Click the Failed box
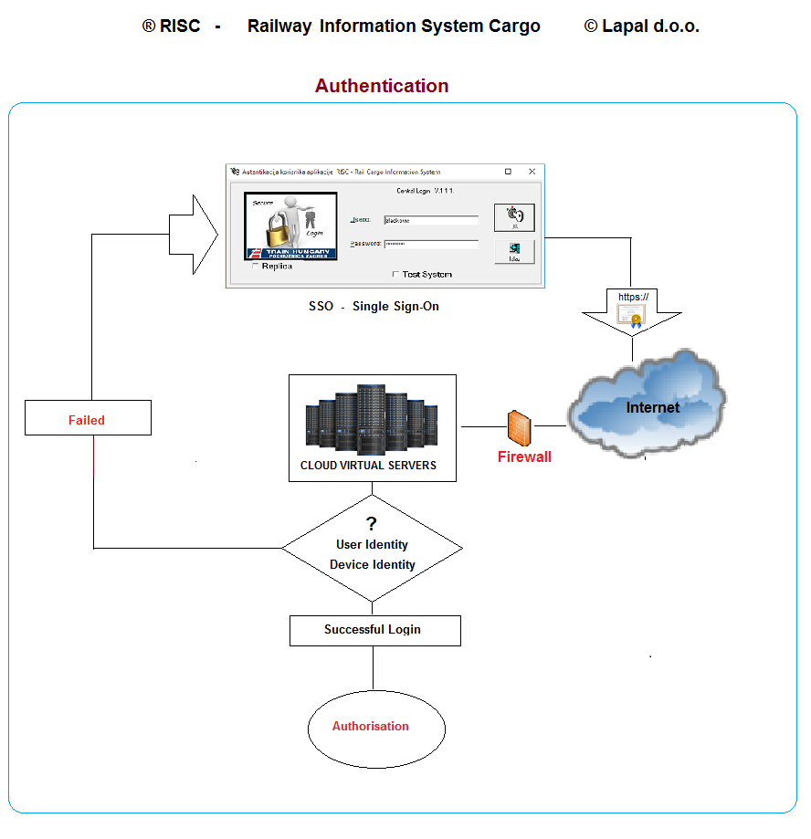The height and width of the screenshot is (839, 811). click(87, 420)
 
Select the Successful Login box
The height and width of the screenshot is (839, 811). click(374, 630)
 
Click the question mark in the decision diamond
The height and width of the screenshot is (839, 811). click(372, 524)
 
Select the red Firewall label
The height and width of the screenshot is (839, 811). click(524, 457)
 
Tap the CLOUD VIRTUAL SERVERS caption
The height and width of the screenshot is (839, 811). click(368, 466)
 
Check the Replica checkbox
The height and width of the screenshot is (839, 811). click(256, 267)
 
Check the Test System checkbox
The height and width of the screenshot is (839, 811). click(395, 274)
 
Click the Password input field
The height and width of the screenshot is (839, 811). click(430, 244)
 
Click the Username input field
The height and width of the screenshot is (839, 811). click(430, 220)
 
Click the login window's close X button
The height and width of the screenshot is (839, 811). click(532, 172)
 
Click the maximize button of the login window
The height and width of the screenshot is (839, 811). click(509, 172)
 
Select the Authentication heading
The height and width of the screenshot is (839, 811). click(382, 86)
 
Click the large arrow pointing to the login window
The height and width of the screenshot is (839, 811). click(193, 235)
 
